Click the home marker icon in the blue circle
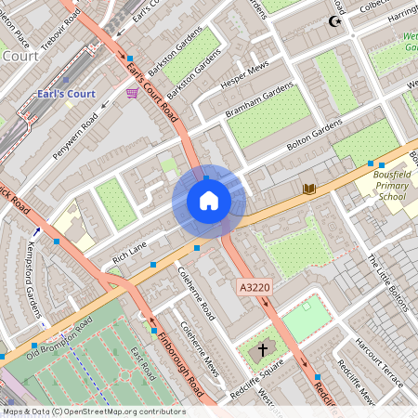pyautogui.click(x=209, y=201)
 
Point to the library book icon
pyautogui.click(x=309, y=189)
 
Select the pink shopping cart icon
pyautogui.click(x=133, y=93)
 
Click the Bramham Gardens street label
pyautogui.click(x=259, y=104)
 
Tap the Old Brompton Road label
pyautogui.click(x=59, y=337)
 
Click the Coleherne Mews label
pyautogui.click(x=200, y=349)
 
